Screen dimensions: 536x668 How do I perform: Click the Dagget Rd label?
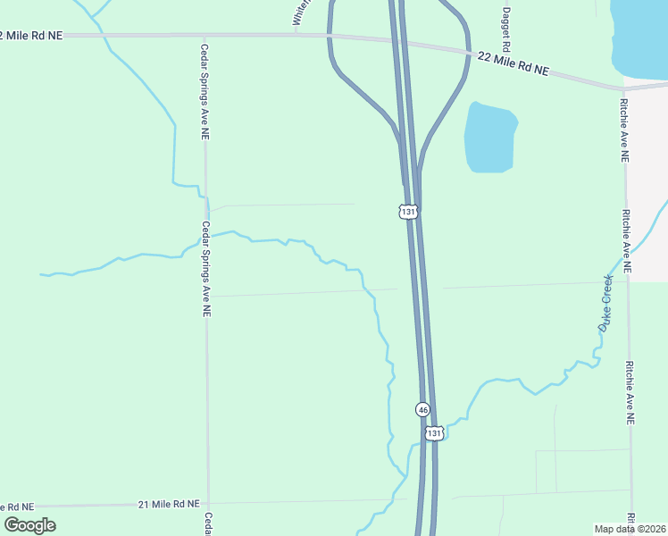[x=505, y=29]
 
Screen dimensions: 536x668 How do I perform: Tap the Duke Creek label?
[x=606, y=304]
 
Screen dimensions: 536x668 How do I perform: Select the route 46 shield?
[x=423, y=409]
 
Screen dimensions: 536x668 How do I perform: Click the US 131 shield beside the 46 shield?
[x=434, y=432]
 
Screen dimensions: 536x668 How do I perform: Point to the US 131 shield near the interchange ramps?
[x=407, y=212]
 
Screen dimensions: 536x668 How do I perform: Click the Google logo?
[x=29, y=525]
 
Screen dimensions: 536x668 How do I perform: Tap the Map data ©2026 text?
[x=630, y=529]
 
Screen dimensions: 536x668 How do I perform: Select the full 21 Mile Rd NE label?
[x=169, y=505]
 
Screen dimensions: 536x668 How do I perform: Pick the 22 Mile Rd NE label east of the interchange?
[x=514, y=63]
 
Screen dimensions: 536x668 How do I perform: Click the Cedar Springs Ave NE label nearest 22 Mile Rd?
[x=205, y=92]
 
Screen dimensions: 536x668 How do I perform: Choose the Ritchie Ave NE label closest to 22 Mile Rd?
[x=624, y=130]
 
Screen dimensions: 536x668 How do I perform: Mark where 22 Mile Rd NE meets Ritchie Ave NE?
[x=622, y=88]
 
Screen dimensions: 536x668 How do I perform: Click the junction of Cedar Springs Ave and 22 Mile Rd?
[x=205, y=36]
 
